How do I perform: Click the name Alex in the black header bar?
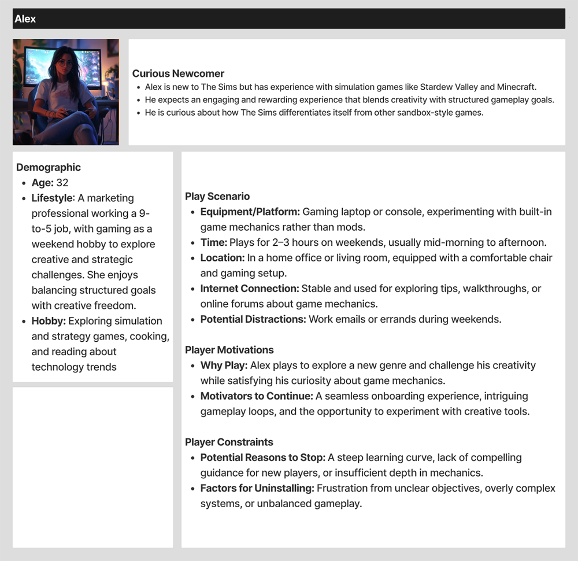click(x=25, y=19)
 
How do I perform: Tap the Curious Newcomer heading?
click(x=178, y=73)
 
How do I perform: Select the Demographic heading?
click(x=49, y=168)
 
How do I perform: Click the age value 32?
click(x=62, y=183)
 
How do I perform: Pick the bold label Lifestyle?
click(x=53, y=198)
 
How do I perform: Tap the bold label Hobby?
click(x=47, y=321)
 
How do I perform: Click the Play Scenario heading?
click(x=217, y=197)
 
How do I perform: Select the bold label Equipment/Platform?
click(x=250, y=212)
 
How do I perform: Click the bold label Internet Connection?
click(x=250, y=288)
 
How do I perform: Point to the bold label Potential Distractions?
click(x=253, y=319)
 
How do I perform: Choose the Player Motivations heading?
click(x=229, y=350)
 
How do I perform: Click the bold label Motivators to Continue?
click(x=257, y=396)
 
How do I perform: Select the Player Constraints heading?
click(x=229, y=442)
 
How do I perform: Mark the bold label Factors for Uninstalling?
click(x=257, y=488)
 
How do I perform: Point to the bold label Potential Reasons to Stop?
click(x=263, y=457)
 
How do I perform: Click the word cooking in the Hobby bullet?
click(x=151, y=337)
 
